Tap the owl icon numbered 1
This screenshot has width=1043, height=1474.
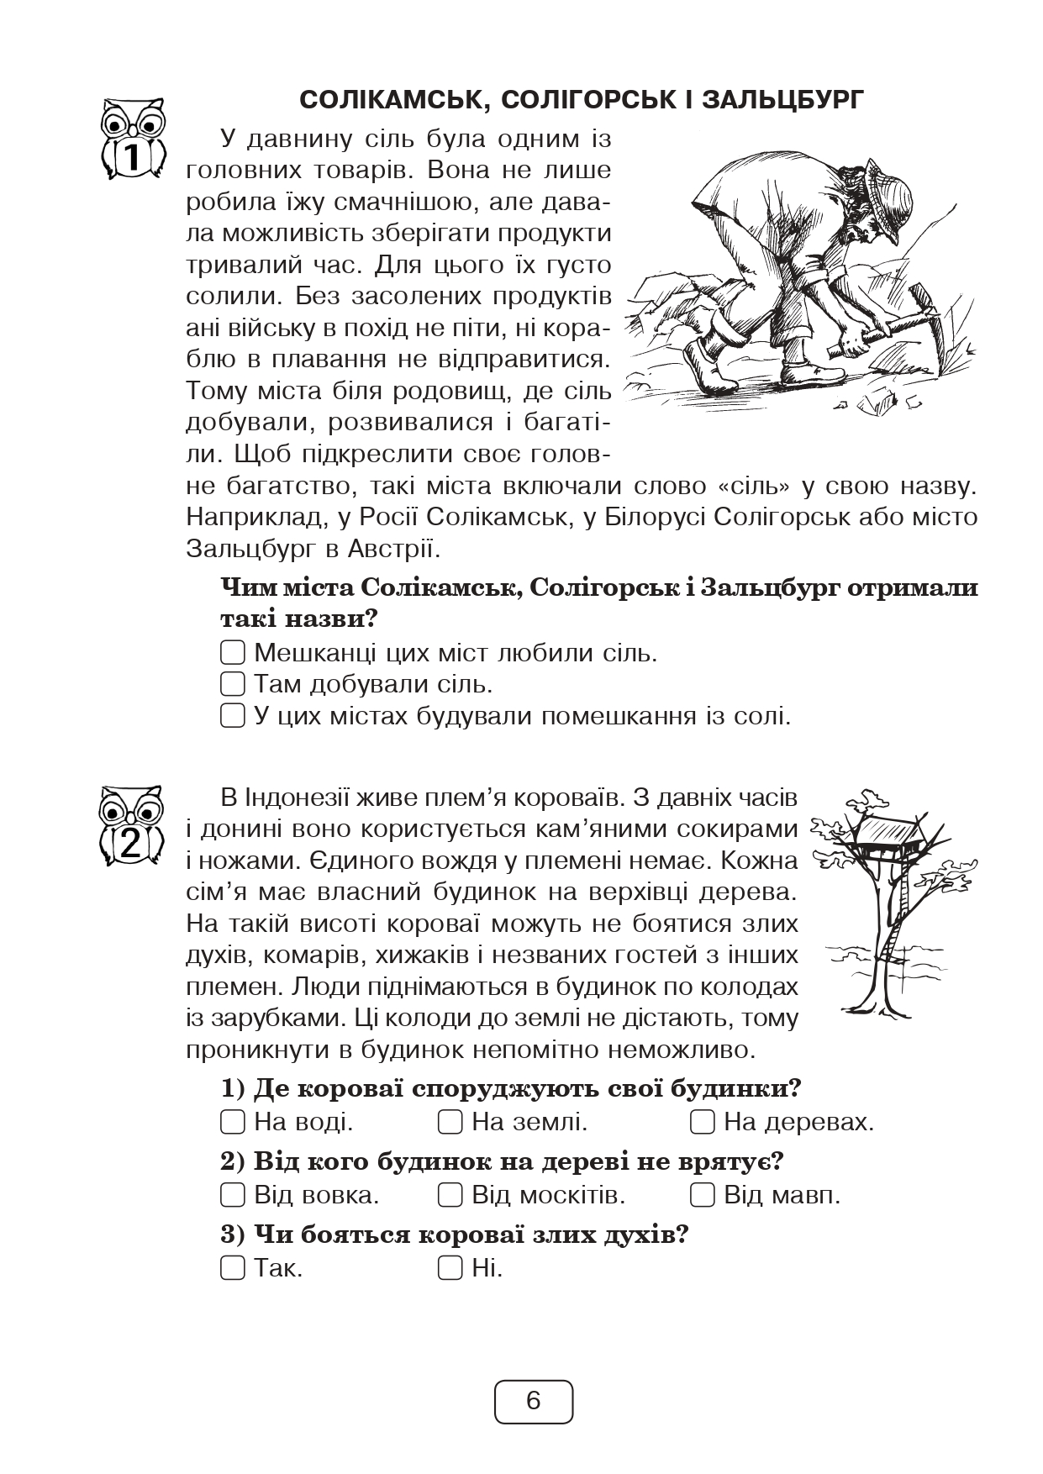tap(133, 139)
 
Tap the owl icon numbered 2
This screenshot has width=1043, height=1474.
tap(132, 827)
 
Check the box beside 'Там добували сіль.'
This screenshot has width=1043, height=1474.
tap(232, 684)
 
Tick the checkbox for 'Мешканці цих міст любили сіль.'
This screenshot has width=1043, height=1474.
tap(232, 652)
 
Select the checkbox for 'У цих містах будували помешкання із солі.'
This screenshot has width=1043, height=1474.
tap(232, 716)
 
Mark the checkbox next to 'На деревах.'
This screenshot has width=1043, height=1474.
tap(703, 1121)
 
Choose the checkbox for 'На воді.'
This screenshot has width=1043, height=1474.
tap(232, 1121)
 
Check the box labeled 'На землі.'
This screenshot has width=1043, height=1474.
tap(450, 1121)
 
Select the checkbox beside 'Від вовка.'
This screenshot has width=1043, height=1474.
tap(232, 1194)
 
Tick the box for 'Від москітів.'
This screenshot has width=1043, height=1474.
tap(450, 1194)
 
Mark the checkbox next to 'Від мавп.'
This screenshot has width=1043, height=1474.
tap(703, 1194)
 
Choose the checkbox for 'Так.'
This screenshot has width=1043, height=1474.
tap(232, 1267)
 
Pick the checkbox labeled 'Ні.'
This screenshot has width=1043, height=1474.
tap(450, 1267)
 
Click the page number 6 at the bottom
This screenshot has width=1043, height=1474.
tap(534, 1401)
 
